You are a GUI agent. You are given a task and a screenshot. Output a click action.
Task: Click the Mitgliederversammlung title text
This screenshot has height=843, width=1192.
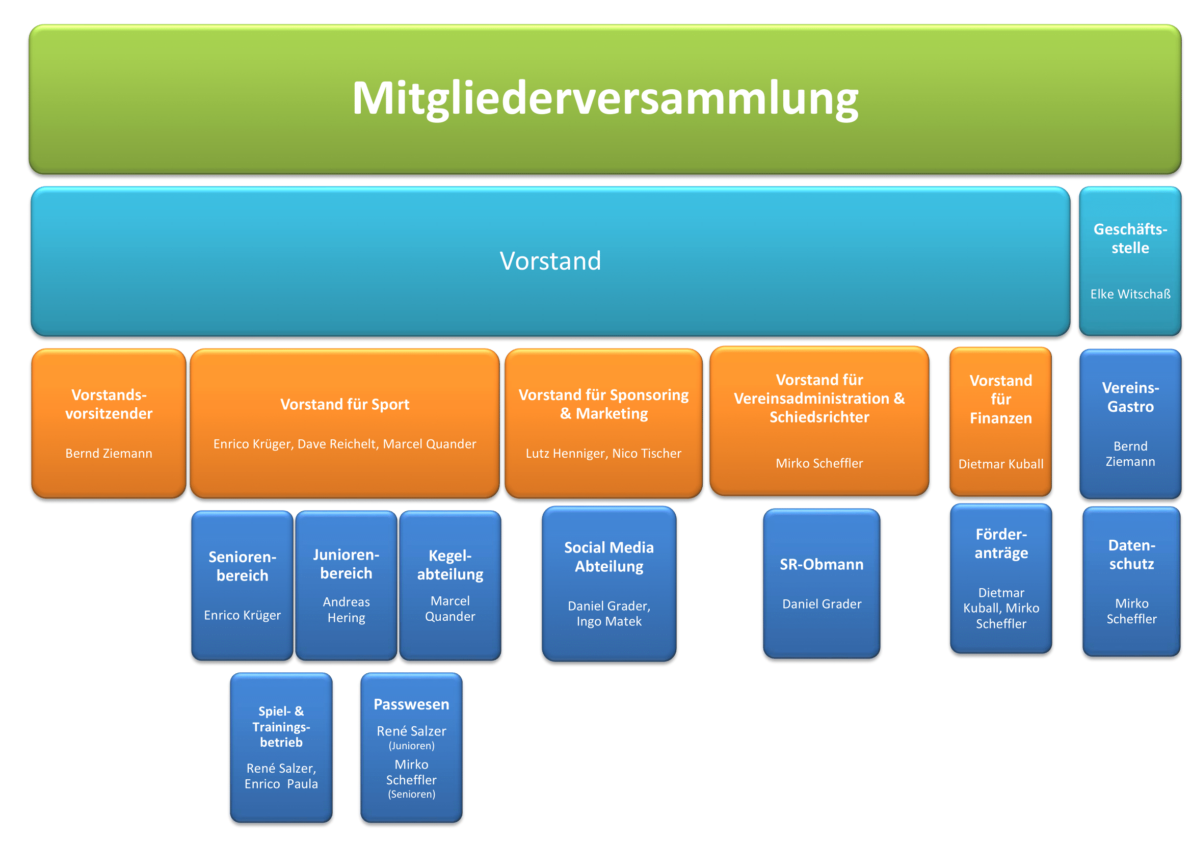point(605,99)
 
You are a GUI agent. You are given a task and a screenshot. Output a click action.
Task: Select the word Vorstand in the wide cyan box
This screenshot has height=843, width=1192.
point(550,260)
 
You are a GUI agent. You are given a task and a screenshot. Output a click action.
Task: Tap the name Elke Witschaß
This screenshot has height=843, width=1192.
point(1130,294)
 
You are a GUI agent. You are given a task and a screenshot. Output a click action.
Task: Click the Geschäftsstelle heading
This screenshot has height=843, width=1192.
point(1130,238)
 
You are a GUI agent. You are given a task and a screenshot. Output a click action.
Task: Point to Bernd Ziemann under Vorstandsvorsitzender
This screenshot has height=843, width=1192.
point(109,453)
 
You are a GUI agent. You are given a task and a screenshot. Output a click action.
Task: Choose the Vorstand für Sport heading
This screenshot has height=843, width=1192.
point(345,404)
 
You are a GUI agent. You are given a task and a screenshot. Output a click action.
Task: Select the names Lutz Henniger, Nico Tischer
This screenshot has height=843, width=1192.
point(603,453)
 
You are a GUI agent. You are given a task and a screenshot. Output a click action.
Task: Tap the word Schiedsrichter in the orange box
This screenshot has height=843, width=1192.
point(819,417)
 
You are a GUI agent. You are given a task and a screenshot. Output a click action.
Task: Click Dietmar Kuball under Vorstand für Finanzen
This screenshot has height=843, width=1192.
point(1001,464)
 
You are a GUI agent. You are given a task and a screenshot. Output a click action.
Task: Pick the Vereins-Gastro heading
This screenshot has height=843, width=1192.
point(1130,397)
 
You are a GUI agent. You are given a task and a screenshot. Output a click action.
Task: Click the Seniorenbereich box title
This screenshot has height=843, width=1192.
point(243,566)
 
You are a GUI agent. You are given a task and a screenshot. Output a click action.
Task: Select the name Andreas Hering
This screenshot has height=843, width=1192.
point(346,610)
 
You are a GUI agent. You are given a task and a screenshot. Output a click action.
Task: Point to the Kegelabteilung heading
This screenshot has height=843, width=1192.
point(450,565)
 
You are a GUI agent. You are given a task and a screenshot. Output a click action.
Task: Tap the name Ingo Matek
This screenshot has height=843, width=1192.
point(609,621)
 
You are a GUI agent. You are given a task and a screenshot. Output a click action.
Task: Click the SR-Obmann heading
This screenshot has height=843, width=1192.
point(822,564)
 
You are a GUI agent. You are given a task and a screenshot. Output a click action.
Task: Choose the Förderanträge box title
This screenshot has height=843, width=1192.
point(1001,543)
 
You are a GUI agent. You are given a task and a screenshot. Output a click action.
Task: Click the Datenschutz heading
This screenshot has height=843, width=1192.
point(1132,555)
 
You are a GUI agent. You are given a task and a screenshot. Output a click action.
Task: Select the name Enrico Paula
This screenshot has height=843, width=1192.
point(281,784)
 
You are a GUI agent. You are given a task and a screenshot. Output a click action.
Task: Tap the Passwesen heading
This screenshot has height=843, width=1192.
point(411,704)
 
